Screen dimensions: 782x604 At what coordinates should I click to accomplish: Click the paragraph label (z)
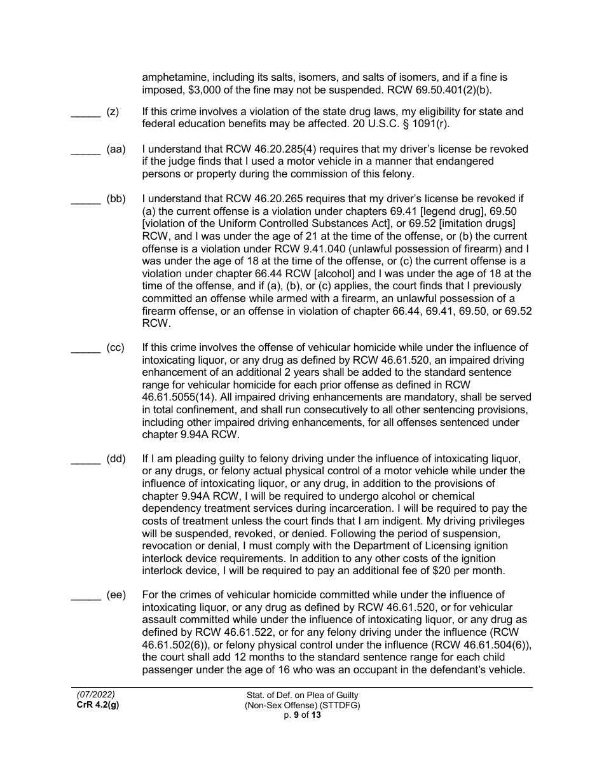(x=113, y=112)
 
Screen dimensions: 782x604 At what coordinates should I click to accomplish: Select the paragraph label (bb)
(x=116, y=199)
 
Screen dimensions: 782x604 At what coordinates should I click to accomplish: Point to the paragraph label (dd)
(x=116, y=458)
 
